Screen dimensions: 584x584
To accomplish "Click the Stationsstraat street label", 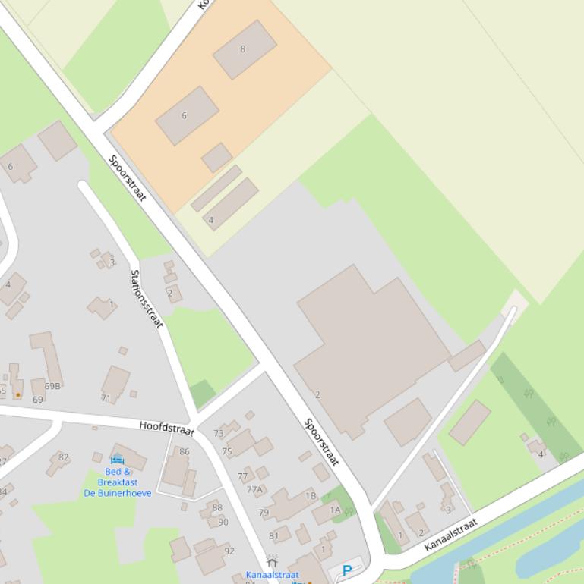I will point(147,299).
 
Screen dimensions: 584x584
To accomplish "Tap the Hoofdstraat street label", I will point(166,428).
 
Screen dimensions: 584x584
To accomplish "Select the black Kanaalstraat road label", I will point(451,535).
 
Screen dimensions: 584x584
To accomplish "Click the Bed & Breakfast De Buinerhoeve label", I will point(117,482).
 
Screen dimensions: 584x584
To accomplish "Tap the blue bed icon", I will point(117,460).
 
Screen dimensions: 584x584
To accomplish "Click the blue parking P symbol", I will point(347,571).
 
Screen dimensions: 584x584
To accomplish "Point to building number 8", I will point(243,49).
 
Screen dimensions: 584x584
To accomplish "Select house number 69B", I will point(52,386).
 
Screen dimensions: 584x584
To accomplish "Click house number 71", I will point(106,398).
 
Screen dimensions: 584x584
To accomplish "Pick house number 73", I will point(219,434).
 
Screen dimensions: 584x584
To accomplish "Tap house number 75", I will point(226,451).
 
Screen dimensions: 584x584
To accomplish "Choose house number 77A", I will point(254,489).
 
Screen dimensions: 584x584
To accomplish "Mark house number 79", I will point(264,513).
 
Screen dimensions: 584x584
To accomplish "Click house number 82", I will point(64,457).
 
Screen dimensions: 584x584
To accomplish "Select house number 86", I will point(185,452).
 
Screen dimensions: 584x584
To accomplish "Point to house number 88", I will point(218,508).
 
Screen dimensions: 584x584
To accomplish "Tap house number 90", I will point(223,522).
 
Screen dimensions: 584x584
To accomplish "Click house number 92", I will point(229,551).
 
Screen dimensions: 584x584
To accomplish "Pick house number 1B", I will point(311,496).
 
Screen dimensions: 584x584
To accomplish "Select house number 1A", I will point(334,510).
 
